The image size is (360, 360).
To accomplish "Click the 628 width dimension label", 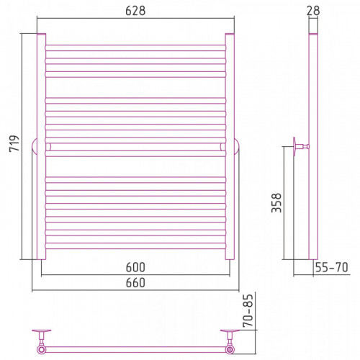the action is [135, 11].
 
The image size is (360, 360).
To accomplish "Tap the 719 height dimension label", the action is [14, 143].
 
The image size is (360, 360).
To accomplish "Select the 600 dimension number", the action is [135, 267].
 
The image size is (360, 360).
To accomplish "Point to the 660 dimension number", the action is [135, 283].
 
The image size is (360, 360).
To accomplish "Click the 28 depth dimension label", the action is [313, 11].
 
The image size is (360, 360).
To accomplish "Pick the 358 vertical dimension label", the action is [276, 203].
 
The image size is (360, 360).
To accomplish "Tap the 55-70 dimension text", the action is [331, 267].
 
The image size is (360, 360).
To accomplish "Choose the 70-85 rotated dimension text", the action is [248, 310].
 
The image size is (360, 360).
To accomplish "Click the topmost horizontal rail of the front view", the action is [135, 48].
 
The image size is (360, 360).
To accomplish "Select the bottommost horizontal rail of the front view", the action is [135, 246].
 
